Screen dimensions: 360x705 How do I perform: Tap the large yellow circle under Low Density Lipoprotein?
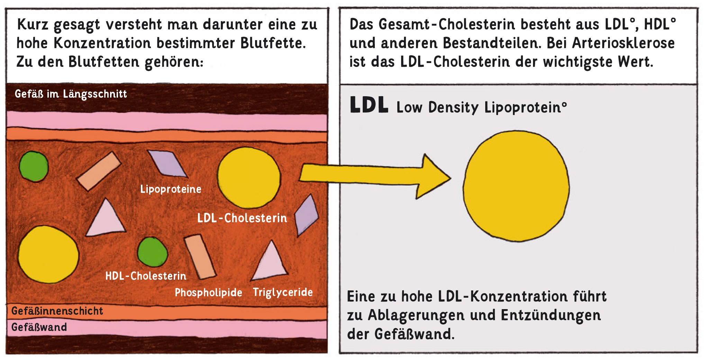[516, 186]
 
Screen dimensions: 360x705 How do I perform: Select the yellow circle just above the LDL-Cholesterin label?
[249, 177]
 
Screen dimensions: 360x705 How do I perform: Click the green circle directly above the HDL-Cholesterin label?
[152, 252]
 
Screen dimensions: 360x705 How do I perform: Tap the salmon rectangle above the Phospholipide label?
[200, 256]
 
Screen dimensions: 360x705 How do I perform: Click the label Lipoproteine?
[171, 189]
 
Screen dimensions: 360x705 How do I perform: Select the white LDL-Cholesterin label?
[242, 218]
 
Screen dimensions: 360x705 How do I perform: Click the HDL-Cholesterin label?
[146, 276]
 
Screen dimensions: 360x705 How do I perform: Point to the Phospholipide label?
[208, 292]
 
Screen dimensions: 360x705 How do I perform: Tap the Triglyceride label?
[283, 292]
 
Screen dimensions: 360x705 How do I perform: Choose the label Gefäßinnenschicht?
[57, 311]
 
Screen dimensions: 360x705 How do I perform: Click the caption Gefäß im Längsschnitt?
[71, 94]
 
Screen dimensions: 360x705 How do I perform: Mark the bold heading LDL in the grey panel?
[369, 105]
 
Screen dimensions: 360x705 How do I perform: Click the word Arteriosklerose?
[623, 43]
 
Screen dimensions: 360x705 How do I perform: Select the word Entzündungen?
[551, 315]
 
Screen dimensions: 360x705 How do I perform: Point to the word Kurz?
[33, 25]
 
